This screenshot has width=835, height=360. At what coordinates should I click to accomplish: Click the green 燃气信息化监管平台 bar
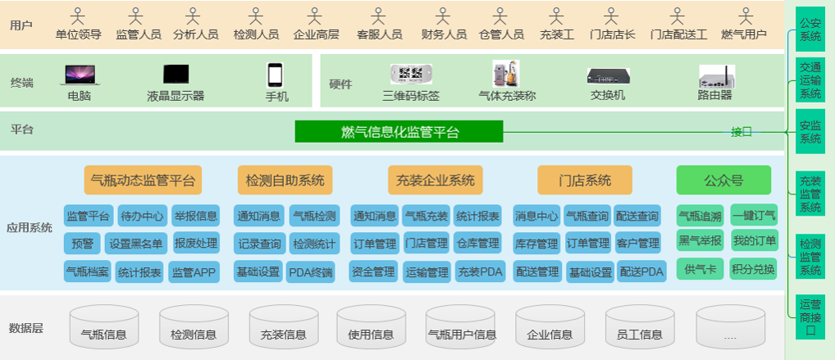[x=399, y=132]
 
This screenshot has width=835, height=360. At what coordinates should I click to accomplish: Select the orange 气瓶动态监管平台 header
[x=143, y=180]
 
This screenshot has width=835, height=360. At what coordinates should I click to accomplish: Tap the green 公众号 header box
[x=723, y=180]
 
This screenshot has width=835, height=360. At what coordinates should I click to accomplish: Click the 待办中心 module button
[x=143, y=216]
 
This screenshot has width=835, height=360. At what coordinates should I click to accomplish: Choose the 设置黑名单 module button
[x=138, y=244]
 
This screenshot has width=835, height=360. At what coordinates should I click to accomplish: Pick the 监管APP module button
[x=194, y=272]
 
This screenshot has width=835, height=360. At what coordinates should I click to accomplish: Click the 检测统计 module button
[x=313, y=244]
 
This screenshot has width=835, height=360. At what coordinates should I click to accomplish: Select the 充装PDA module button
[x=480, y=272]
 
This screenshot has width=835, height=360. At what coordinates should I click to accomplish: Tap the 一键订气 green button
[x=753, y=216]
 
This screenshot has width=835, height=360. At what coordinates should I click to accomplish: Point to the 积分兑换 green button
[x=753, y=269]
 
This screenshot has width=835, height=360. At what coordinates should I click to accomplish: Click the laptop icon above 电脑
[x=80, y=75]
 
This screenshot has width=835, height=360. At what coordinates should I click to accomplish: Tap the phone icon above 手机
[x=276, y=75]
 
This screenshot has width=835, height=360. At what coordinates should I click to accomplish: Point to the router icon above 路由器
[x=716, y=76]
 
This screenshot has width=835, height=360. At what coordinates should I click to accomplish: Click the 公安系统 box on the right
[x=810, y=30]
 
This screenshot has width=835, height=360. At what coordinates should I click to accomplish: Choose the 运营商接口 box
[x=810, y=317]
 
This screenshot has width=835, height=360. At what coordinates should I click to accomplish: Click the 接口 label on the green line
[x=741, y=131]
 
